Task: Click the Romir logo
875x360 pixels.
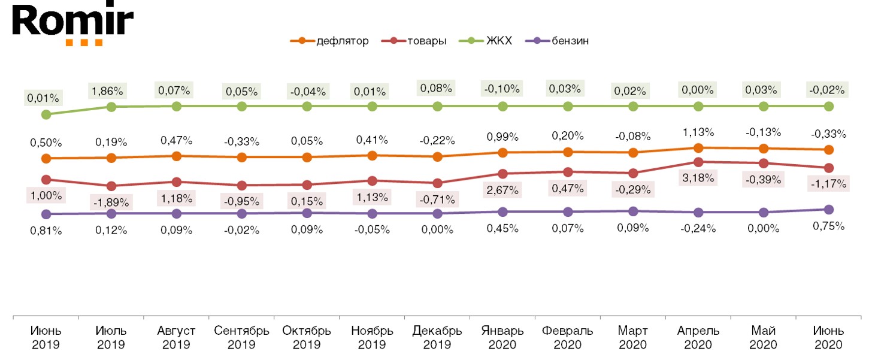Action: click(x=72, y=24)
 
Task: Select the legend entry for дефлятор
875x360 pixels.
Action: click(x=329, y=41)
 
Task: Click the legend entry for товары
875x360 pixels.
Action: click(x=413, y=41)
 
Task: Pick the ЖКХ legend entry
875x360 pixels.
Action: click(x=486, y=41)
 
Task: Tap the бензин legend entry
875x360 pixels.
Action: click(x=557, y=41)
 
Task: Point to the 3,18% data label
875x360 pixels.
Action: click(x=698, y=178)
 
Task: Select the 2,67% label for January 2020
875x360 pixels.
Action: click(x=502, y=190)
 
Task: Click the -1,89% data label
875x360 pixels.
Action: click(x=111, y=202)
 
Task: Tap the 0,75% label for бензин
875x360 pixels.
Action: click(x=829, y=226)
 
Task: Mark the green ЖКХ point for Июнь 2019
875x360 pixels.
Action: click(x=46, y=114)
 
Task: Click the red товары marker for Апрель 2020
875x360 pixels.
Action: click(x=698, y=162)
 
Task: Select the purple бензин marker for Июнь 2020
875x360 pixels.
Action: click(x=829, y=210)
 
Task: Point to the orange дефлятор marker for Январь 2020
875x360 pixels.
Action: click(x=502, y=153)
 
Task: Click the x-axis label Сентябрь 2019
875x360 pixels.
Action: click(x=242, y=338)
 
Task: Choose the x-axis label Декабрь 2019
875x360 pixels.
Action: click(x=437, y=338)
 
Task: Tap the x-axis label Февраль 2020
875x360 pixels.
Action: click(x=568, y=338)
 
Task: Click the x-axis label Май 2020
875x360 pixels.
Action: click(x=764, y=338)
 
